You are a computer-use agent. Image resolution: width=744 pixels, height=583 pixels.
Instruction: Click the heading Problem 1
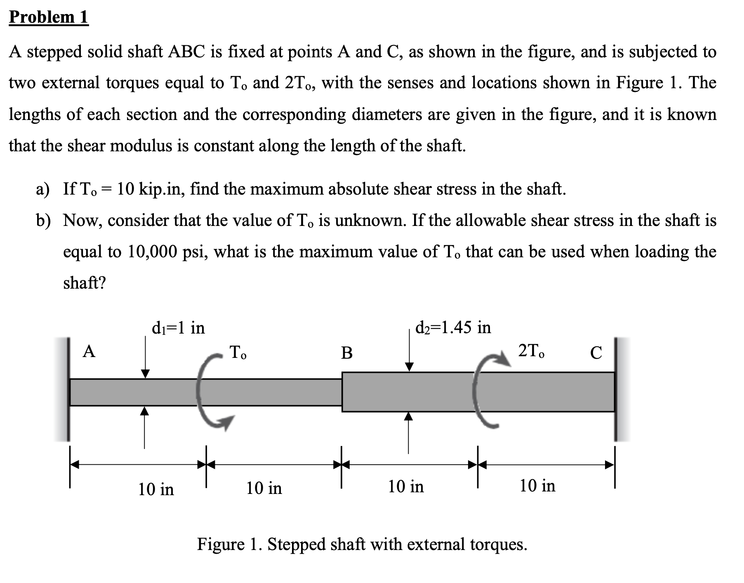(49, 17)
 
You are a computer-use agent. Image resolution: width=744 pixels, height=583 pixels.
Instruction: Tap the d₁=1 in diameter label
(178, 328)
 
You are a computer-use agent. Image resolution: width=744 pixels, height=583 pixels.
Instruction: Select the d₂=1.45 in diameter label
(453, 327)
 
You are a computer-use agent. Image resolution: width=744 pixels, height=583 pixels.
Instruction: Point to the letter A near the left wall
(89, 352)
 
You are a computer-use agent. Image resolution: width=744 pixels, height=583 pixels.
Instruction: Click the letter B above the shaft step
(347, 353)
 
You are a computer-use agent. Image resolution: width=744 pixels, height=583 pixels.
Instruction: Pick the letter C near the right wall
(596, 353)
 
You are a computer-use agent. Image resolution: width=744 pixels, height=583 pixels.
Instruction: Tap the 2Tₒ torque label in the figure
(531, 351)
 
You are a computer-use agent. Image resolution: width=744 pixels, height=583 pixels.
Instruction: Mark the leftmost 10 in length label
(156, 489)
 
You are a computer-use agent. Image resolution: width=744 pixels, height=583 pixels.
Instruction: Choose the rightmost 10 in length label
(537, 486)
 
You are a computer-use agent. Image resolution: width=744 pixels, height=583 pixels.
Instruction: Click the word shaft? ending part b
(85, 283)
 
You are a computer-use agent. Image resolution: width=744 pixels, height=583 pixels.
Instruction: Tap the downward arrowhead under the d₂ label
(409, 367)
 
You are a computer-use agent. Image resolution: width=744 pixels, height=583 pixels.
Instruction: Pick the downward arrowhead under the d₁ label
(145, 373)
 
